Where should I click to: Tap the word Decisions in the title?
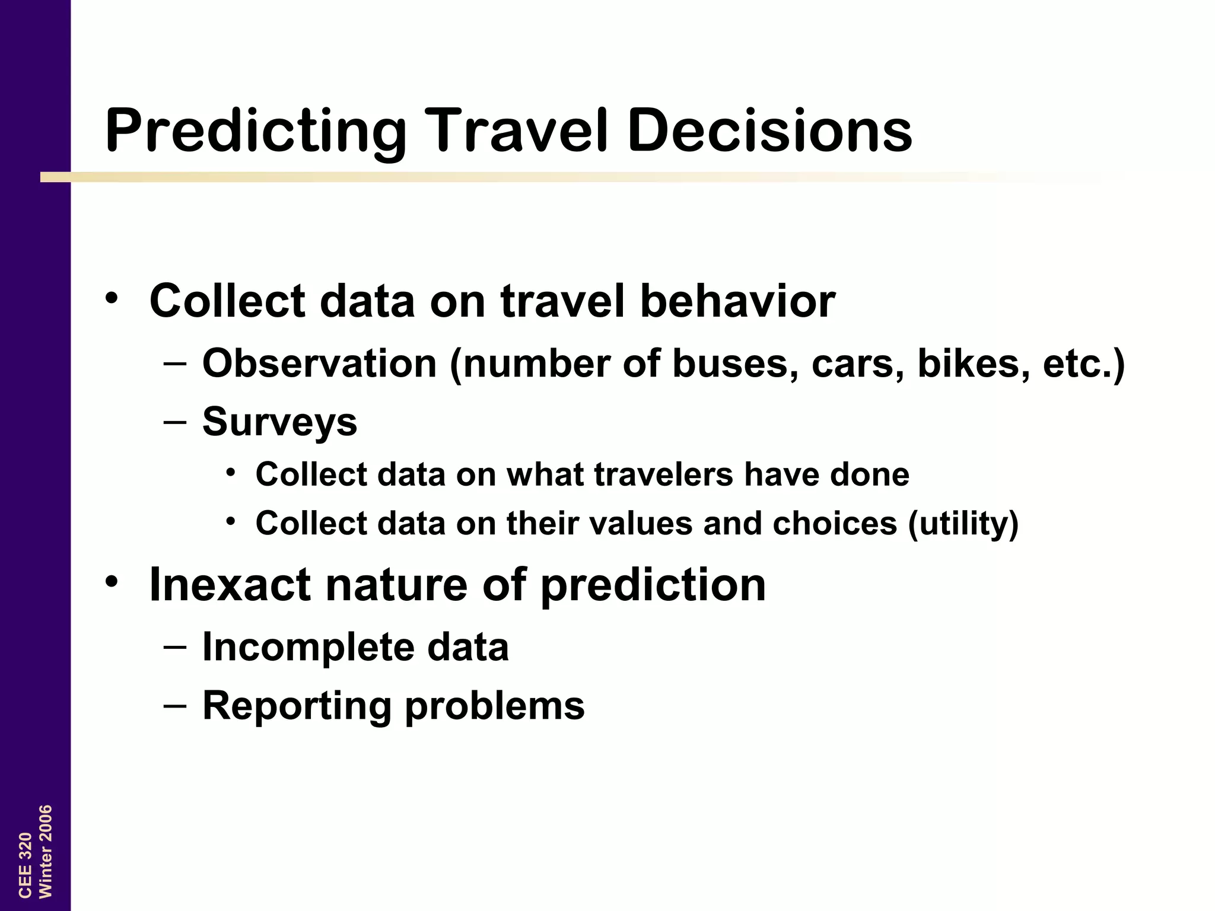(x=769, y=130)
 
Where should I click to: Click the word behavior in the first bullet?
(x=737, y=301)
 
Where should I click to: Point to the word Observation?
(x=320, y=363)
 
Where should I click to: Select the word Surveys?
(x=280, y=422)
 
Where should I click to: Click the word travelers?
(x=664, y=474)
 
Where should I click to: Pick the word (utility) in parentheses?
(x=963, y=523)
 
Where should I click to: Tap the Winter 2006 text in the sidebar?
(x=46, y=851)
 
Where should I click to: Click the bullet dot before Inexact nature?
(x=112, y=582)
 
